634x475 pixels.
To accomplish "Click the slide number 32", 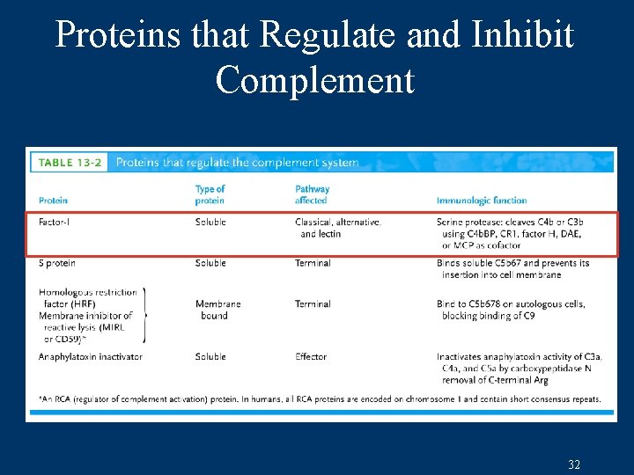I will [574, 464].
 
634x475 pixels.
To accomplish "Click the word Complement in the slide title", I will [314, 80].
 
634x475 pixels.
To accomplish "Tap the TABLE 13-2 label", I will [69, 162].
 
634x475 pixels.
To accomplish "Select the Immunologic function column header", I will [481, 201].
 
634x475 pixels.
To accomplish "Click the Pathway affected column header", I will [312, 194].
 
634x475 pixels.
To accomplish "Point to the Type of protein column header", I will [210, 194].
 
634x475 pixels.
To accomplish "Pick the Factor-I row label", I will [55, 222].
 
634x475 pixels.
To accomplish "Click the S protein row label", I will [57, 263].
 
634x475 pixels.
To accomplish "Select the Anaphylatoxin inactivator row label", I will [90, 356].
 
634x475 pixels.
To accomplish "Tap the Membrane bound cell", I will [217, 310].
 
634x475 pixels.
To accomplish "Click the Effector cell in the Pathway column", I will [311, 356].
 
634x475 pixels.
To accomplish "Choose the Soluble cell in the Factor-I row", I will [210, 222].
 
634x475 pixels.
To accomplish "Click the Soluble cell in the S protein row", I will [210, 263].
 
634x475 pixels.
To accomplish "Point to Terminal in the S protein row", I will [313, 263].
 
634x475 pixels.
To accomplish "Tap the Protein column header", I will [53, 201].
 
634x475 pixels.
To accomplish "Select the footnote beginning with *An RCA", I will [320, 398].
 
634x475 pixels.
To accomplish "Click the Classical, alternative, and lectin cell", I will [338, 228].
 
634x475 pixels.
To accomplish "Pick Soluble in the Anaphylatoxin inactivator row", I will [210, 356].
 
